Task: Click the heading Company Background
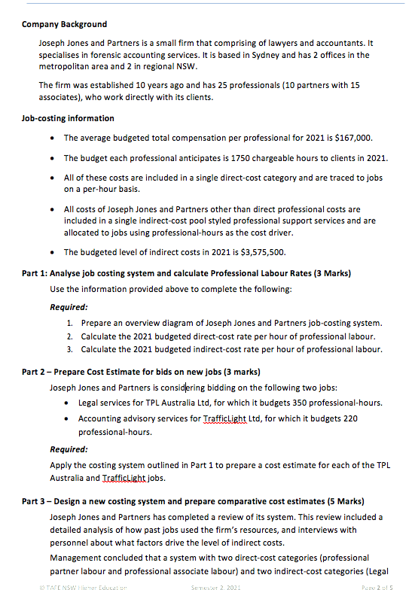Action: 64,24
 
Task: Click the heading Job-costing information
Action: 68,118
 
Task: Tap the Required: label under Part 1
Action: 69,307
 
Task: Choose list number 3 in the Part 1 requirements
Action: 69,349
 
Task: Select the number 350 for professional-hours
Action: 299,403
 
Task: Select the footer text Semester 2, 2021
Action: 219,585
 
